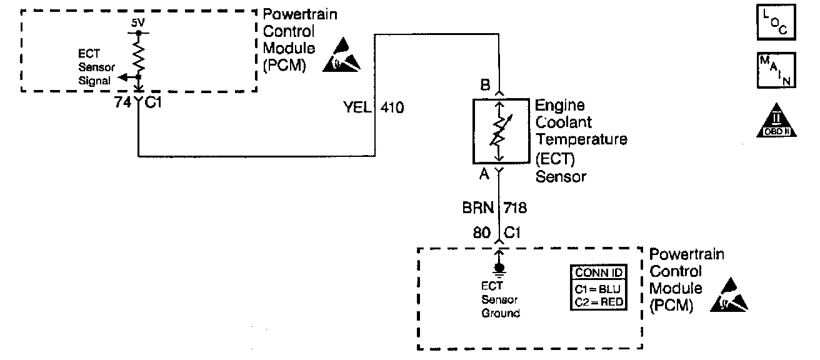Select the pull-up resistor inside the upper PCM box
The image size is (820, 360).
[x=138, y=57]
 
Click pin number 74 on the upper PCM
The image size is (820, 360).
[x=123, y=102]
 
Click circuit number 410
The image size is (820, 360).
[x=392, y=108]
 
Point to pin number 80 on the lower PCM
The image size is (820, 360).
[x=481, y=232]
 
